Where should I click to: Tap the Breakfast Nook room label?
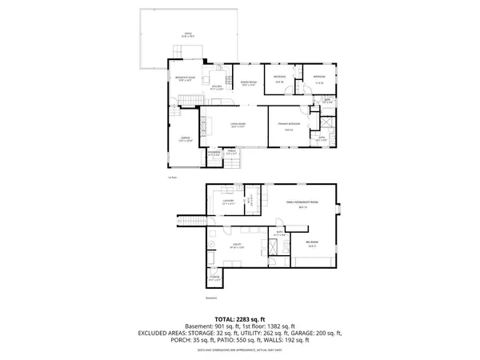[186, 78]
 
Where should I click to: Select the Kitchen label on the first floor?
[216, 87]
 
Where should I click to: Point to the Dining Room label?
[244, 83]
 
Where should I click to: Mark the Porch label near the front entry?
[231, 151]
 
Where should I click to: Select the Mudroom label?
[214, 151]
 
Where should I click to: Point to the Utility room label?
[238, 245]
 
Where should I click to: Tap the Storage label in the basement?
[214, 278]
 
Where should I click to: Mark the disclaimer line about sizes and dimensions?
[240, 351]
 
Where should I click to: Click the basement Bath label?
[280, 233]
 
